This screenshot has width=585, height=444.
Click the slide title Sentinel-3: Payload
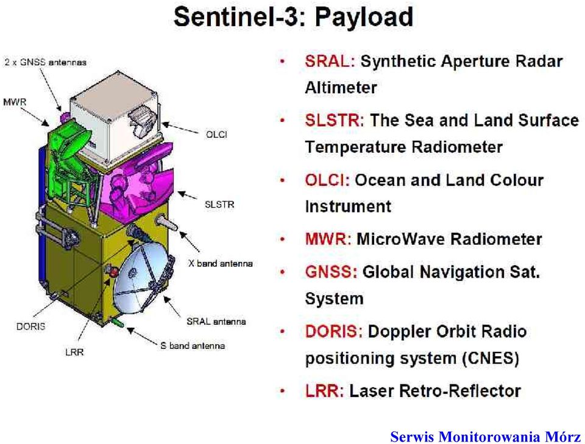point(293,17)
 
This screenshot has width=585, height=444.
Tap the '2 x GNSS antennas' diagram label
point(46,62)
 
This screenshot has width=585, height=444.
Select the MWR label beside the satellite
point(15,102)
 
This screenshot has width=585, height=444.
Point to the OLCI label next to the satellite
point(216,135)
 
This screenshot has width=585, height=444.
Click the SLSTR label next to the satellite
point(219,204)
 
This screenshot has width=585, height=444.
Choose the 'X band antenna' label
point(220,263)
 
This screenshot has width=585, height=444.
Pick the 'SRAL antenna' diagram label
point(216,322)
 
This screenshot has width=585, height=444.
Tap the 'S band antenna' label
point(193,345)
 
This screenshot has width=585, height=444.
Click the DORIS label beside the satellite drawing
point(30,326)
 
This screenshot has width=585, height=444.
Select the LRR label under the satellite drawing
point(74,352)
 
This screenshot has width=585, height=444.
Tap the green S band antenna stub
point(118,322)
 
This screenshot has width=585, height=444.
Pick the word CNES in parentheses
point(491,358)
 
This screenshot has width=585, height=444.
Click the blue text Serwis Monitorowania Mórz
point(486,436)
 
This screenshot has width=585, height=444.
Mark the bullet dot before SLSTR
point(282,120)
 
